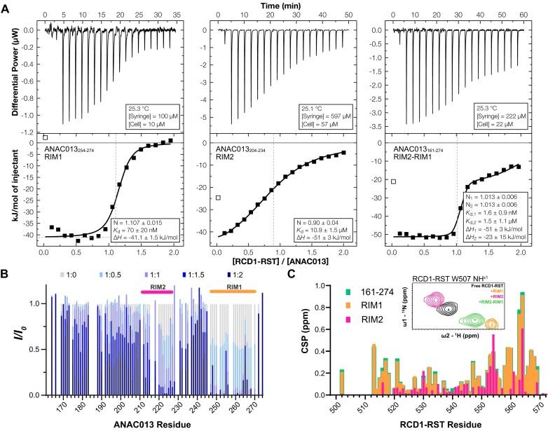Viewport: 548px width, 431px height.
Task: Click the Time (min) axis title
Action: (x=273, y=6)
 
